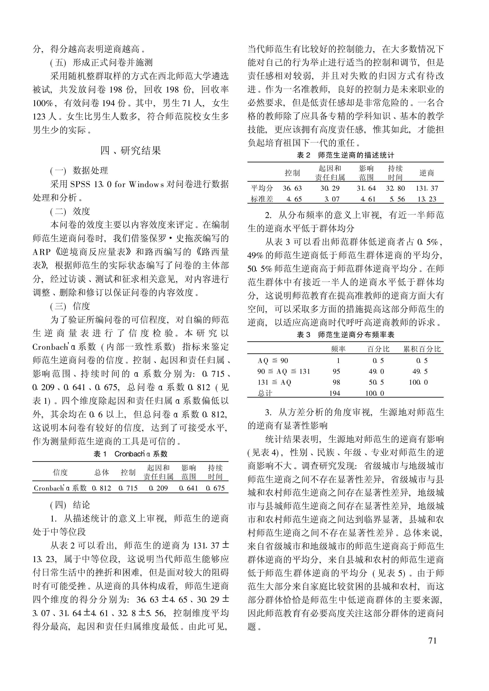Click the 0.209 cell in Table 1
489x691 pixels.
158,488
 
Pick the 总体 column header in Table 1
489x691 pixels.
102,472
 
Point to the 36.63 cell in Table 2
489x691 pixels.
292,188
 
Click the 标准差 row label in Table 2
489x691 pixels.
262,199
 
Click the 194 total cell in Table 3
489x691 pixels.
335,393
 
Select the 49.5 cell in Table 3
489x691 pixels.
420,372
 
